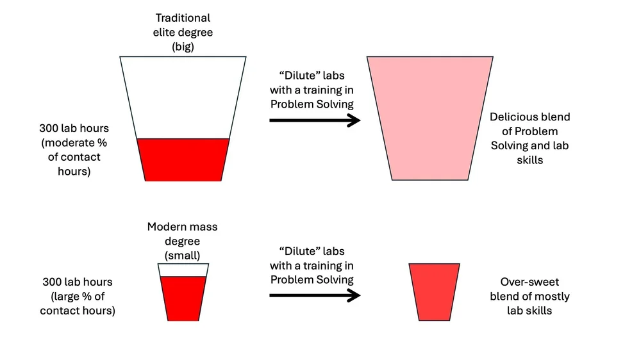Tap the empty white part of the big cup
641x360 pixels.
point(183,96)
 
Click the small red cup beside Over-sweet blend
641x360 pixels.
point(434,291)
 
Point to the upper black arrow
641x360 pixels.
point(313,120)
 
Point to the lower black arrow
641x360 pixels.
point(313,295)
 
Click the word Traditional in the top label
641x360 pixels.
point(183,18)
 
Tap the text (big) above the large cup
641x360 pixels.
point(183,46)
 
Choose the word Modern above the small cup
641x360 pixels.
point(165,227)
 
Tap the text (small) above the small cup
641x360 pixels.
point(183,255)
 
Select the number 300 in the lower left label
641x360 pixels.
point(52,282)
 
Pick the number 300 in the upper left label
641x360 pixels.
point(49,128)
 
